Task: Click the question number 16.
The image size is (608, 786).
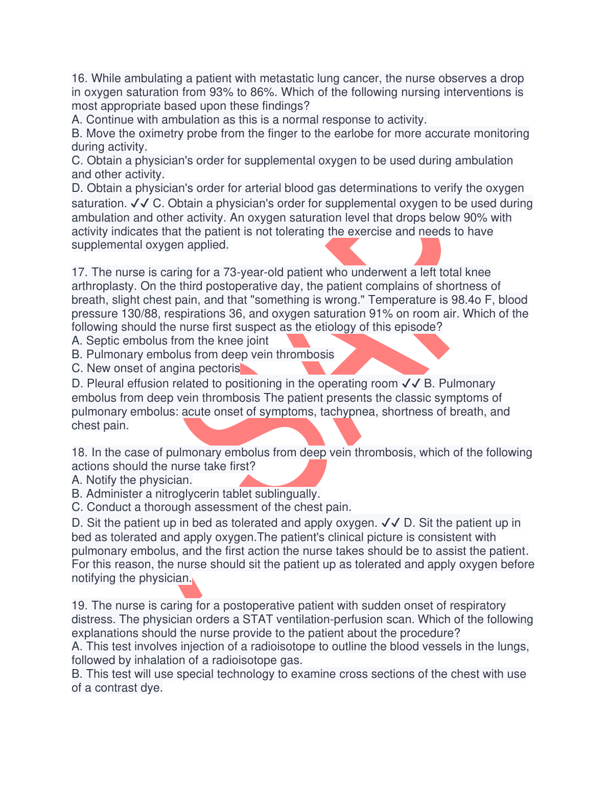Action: [x=79, y=79]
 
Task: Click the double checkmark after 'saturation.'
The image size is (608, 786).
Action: [x=140, y=204]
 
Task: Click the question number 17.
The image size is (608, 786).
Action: [x=79, y=273]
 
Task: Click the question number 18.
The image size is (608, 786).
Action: [x=79, y=453]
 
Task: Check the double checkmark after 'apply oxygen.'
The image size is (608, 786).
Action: [x=391, y=523]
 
